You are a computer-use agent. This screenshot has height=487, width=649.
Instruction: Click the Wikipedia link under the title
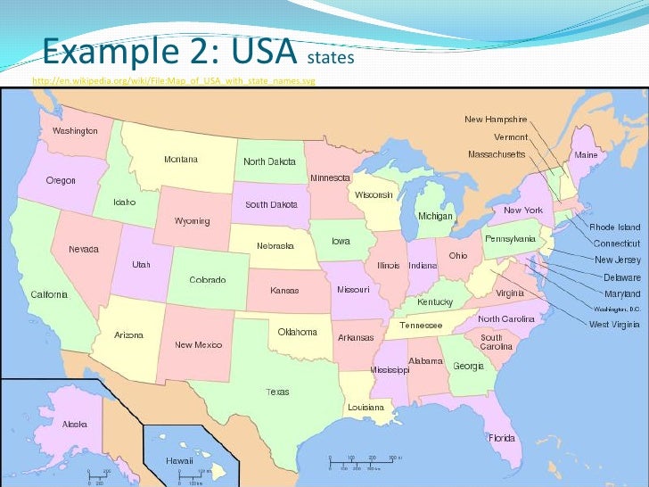tap(173, 82)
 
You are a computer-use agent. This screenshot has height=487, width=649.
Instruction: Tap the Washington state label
tap(75, 131)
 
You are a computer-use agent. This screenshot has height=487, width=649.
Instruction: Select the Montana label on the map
tap(181, 160)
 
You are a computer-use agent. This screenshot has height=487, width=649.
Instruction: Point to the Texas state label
tap(277, 392)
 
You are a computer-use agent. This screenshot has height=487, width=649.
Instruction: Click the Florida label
tap(501, 438)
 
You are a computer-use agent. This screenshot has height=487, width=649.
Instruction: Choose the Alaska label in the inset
tap(75, 425)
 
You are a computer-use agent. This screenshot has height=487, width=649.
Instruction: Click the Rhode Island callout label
tap(615, 227)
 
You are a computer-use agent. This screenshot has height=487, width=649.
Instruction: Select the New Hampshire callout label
tap(496, 120)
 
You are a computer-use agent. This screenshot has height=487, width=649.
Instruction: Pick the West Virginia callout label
tap(614, 325)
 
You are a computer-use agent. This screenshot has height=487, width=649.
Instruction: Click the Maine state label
tap(586, 155)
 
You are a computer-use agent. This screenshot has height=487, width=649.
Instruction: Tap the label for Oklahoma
tap(297, 332)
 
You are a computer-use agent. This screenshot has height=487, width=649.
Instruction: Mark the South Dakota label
tap(271, 204)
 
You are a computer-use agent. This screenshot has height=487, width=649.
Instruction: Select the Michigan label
tap(436, 217)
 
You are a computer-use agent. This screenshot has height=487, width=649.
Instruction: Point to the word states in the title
tap(331, 59)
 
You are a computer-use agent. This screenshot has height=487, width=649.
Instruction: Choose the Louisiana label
tap(366, 407)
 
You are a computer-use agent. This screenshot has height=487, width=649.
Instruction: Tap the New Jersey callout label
tap(618, 260)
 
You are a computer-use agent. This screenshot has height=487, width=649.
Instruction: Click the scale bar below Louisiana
tap(366, 461)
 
